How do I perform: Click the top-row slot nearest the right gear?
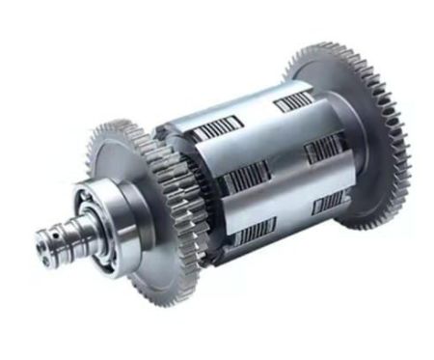click(x=292, y=100)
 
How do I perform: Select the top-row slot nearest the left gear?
click(x=212, y=131)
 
